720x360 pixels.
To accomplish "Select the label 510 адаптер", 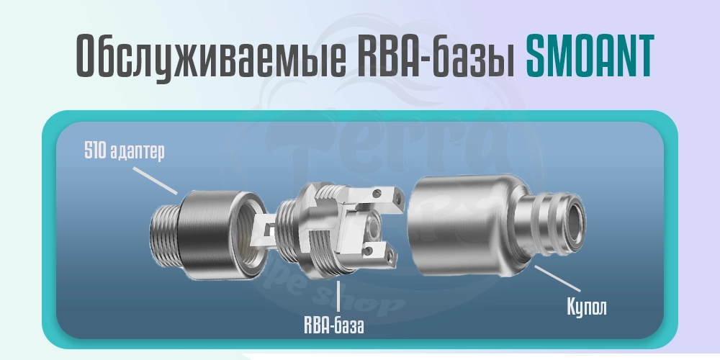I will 122,153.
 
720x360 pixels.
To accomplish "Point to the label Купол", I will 586,308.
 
